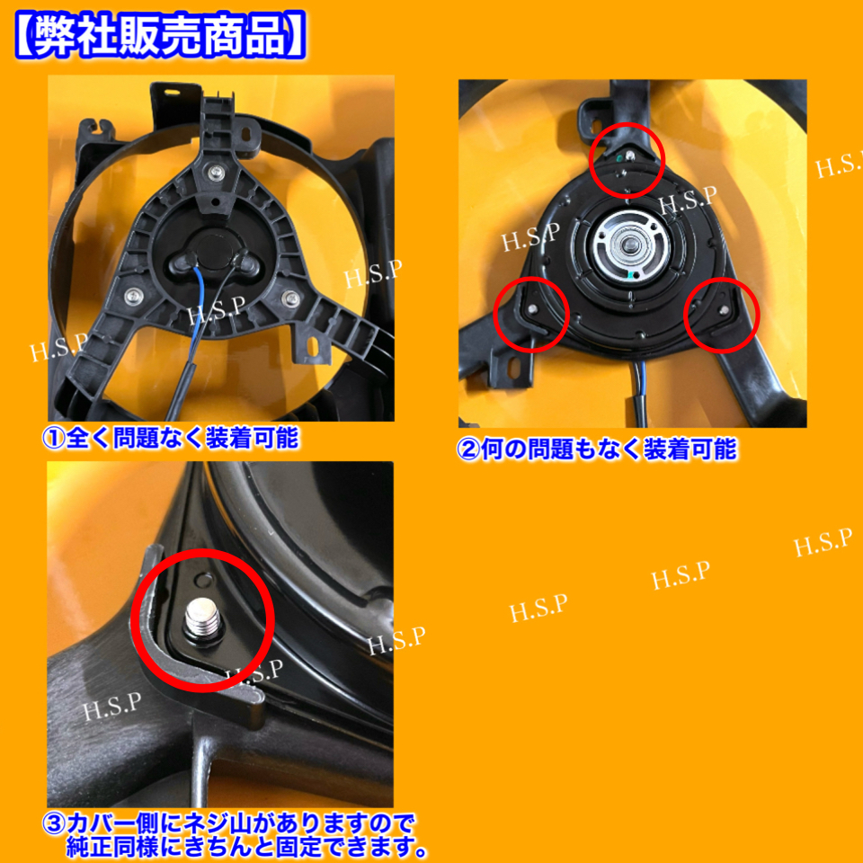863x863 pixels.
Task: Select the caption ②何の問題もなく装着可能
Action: (597, 449)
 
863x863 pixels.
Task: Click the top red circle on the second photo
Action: (627, 161)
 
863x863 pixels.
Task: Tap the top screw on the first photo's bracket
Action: (216, 171)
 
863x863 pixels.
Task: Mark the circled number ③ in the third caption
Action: (54, 823)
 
